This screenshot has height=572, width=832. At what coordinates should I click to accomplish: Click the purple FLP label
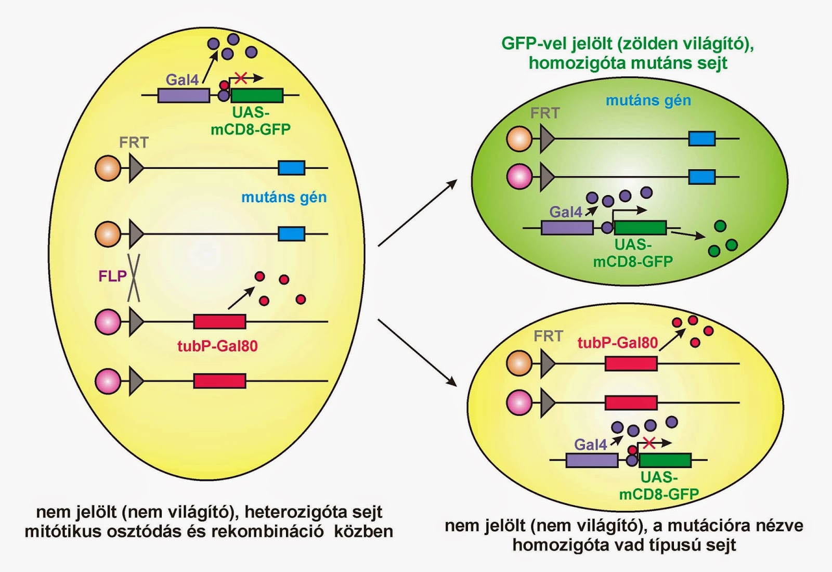(112, 276)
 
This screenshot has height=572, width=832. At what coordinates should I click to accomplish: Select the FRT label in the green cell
(544, 113)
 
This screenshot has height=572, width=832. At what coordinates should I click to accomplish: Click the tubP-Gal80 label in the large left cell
(217, 346)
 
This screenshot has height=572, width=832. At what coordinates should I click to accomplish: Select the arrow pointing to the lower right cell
(418, 354)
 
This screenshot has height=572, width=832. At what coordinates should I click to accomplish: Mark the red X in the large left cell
(240, 78)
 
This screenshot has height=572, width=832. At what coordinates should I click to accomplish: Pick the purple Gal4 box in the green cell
(567, 228)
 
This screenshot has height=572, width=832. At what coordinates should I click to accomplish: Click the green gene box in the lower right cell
(665, 460)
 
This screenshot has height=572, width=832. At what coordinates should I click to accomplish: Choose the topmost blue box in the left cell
(291, 168)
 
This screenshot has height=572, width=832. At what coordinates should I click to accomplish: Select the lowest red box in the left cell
(219, 381)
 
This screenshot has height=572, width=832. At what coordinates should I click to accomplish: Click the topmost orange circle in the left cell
(108, 168)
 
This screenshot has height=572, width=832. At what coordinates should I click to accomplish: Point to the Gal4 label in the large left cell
(182, 80)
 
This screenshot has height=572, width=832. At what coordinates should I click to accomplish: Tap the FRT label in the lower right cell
(548, 336)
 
